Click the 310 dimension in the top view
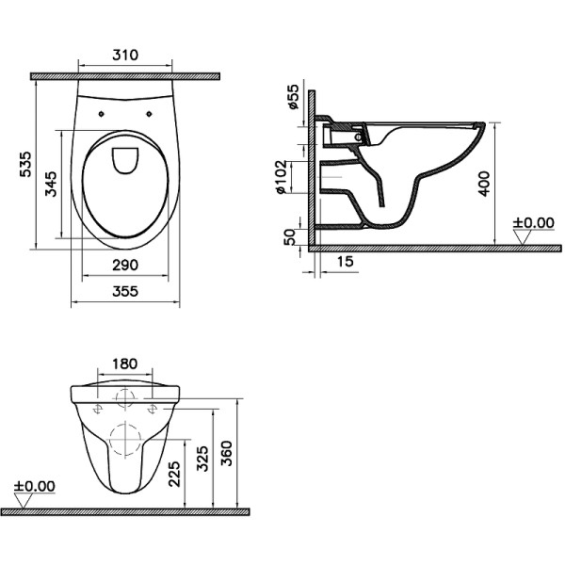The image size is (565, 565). [x=124, y=56]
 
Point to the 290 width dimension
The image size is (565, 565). [x=124, y=265]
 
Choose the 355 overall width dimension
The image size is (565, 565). [x=124, y=292]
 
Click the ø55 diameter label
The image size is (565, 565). [x=293, y=97]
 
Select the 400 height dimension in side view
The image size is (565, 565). [x=484, y=183]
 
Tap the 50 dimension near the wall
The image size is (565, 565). [x=290, y=235]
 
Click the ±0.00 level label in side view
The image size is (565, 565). [x=533, y=223]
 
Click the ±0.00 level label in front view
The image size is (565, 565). [x=35, y=487]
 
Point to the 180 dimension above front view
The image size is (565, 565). [x=124, y=363]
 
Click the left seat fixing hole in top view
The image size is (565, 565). [x=100, y=113]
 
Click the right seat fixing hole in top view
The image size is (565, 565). [x=150, y=113]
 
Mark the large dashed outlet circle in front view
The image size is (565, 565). [x=124, y=439]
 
